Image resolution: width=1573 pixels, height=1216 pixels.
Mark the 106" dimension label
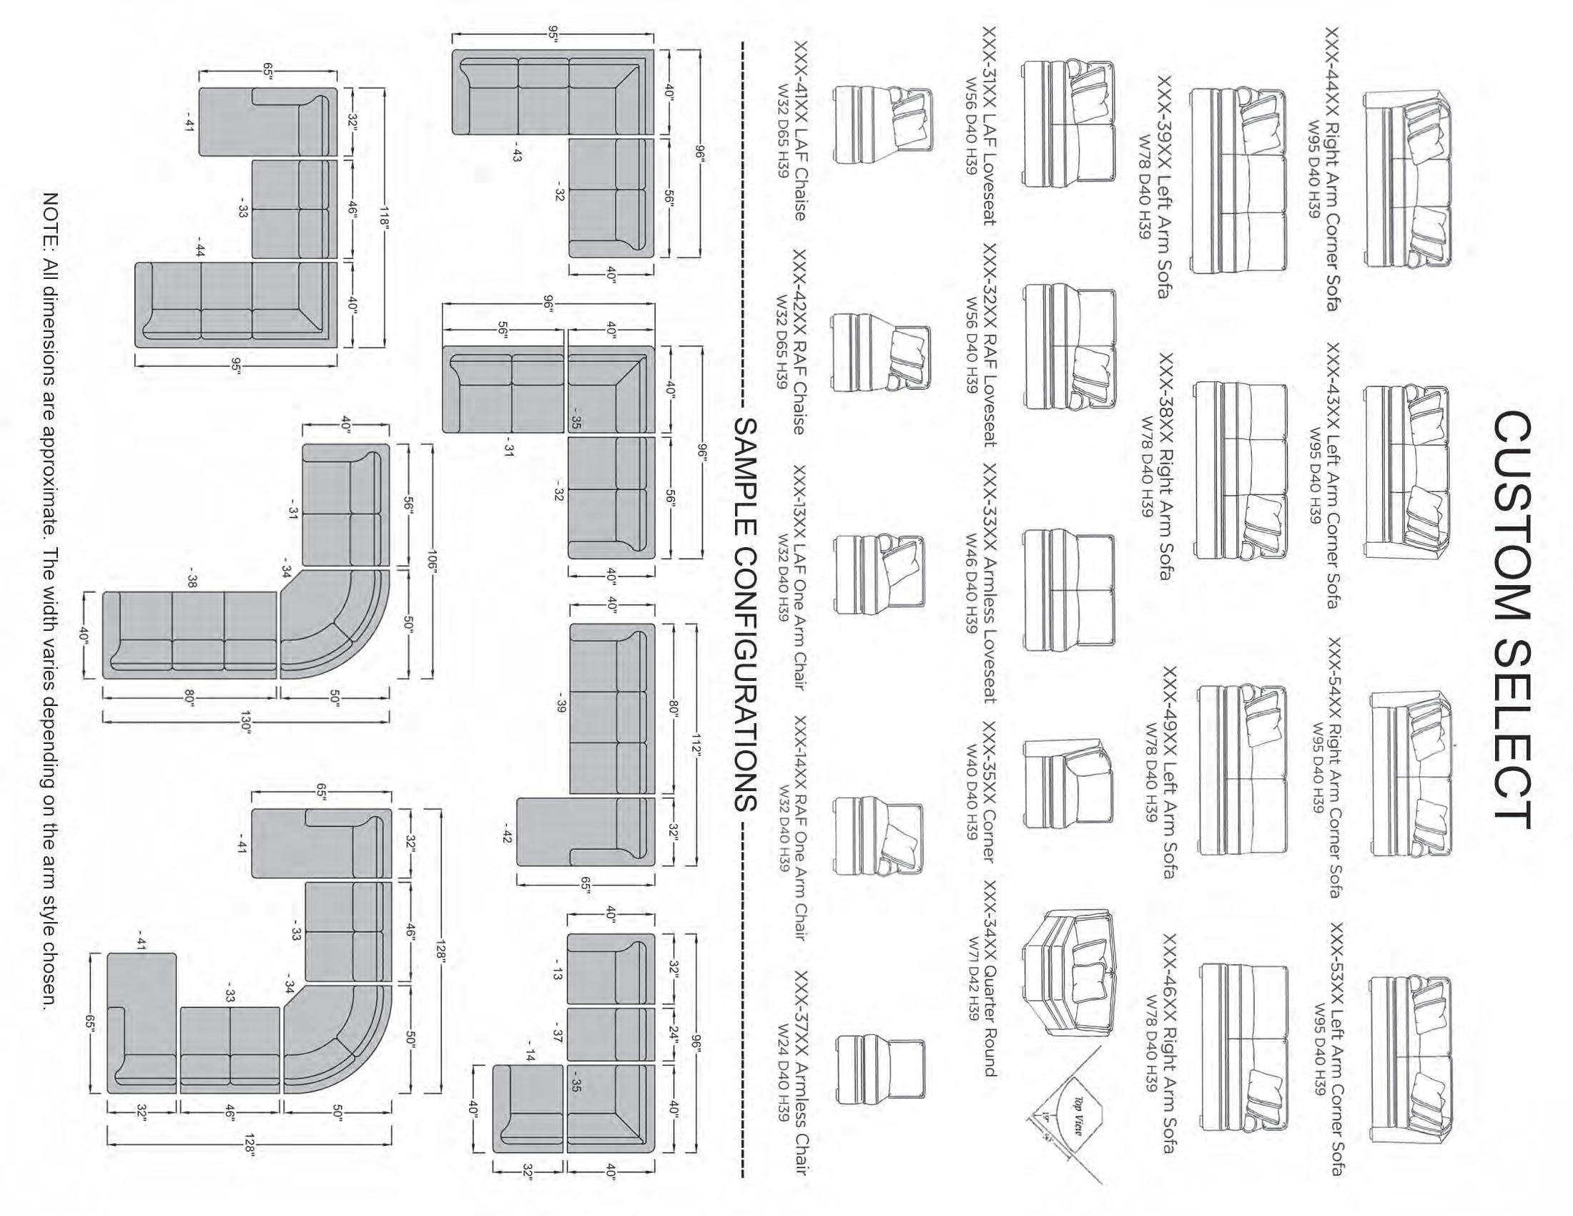click(432, 559)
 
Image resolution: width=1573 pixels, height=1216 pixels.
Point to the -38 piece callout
click(192, 581)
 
